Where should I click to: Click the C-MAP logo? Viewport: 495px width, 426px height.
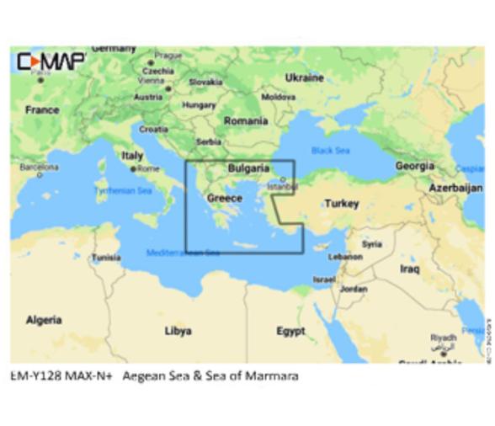tap(51, 61)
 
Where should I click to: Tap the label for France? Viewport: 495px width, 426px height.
tap(42, 109)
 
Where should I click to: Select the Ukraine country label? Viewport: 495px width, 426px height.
tap(304, 77)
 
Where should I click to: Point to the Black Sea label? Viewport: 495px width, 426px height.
tap(330, 150)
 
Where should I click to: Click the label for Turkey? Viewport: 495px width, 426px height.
tap(342, 203)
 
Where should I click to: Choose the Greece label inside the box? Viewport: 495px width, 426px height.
tap(225, 198)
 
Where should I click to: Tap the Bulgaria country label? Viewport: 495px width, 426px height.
tap(248, 168)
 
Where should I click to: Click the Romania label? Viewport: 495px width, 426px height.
tap(246, 121)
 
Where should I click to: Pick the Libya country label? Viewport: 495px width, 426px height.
tap(178, 331)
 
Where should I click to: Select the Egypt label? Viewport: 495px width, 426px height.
tap(290, 331)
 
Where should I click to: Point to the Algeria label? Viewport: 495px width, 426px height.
tap(44, 320)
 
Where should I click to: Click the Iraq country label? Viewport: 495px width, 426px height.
tap(410, 269)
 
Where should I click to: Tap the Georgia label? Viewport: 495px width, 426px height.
tap(415, 167)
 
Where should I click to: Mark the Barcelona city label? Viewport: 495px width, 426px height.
tap(40, 168)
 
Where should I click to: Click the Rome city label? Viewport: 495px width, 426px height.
tap(148, 169)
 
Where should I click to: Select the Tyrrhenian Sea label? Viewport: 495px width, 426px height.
tap(123, 191)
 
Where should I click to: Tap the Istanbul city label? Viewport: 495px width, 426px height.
tap(282, 186)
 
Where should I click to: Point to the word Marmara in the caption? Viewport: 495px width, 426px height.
tap(272, 375)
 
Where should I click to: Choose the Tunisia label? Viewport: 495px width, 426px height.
tap(106, 258)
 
